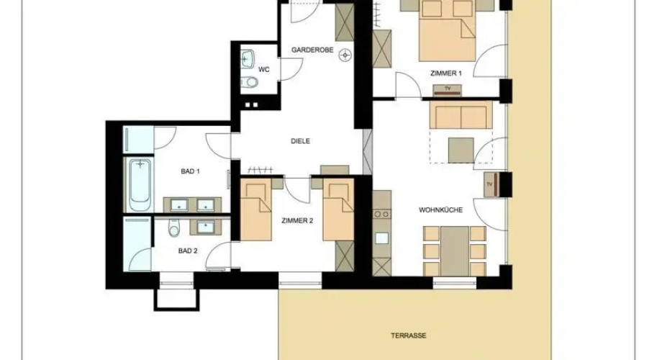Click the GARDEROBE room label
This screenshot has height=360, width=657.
312,50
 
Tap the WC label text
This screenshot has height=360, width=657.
263,70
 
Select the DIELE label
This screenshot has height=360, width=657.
300,141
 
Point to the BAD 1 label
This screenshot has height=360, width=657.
190,171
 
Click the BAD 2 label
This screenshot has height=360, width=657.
188,251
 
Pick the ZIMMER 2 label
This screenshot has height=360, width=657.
297,221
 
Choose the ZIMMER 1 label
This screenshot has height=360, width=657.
446,73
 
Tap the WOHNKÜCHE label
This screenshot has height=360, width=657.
441,210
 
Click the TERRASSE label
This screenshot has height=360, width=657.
409,336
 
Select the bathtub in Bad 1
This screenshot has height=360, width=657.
140,185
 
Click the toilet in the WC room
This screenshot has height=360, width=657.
250,82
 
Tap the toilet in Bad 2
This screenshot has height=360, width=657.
173,228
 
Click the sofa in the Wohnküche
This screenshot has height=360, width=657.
461,114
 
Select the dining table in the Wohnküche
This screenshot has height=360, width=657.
455,251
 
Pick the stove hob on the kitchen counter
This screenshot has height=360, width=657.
381,214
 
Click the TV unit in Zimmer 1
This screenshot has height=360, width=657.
447,90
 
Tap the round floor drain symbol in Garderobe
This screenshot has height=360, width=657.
345,55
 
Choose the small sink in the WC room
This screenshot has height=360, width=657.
248,59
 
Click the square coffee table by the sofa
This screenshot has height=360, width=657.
461,150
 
